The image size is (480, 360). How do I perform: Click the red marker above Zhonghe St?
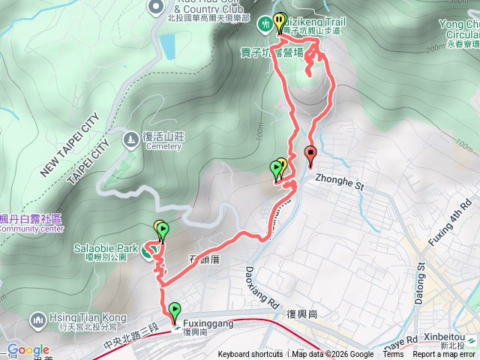[311, 156]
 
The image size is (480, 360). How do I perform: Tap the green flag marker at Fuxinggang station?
[175, 310]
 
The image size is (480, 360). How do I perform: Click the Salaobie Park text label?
[105, 247]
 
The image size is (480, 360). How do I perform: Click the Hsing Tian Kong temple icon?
[37, 321]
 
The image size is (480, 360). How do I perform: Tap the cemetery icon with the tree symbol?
[131, 139]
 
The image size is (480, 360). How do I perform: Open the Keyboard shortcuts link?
[250, 355]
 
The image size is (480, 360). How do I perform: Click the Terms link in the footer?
[393, 355]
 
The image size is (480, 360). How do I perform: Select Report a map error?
[445, 355]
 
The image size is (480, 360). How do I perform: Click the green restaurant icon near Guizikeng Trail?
[265, 25]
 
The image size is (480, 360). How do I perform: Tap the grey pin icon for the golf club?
[156, 7]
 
